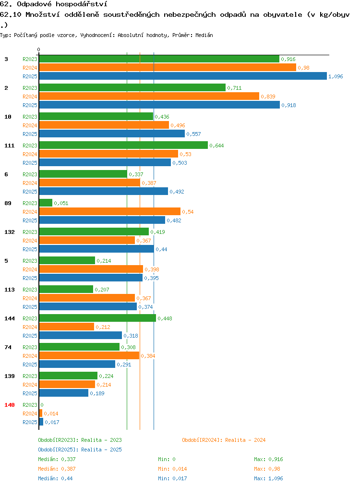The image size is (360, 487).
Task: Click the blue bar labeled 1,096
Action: (x=183, y=76)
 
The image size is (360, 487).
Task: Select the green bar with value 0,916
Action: (x=159, y=59)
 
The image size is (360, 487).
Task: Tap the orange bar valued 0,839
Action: (x=149, y=96)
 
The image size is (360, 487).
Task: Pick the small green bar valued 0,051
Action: (x=46, y=203)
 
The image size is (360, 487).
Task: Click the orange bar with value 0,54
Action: (x=109, y=211)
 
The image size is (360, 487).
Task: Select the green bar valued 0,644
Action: (x=123, y=145)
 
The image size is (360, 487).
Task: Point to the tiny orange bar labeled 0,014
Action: (x=41, y=413)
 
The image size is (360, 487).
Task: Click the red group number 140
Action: (x=9, y=405)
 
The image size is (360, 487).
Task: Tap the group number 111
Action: (x=9, y=146)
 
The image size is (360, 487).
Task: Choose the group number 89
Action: (x=8, y=203)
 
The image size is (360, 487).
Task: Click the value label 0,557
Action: (x=193, y=134)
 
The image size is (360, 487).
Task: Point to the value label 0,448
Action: (x=165, y=318)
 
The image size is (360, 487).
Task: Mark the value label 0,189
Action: (x=97, y=393)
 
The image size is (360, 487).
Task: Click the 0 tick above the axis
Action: (x=38, y=49)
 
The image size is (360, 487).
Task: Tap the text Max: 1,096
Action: (x=268, y=478)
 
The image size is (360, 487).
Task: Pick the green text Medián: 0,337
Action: (x=57, y=459)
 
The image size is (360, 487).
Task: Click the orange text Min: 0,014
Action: (x=172, y=469)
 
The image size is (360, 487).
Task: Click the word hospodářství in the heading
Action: (x=81, y=4)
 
